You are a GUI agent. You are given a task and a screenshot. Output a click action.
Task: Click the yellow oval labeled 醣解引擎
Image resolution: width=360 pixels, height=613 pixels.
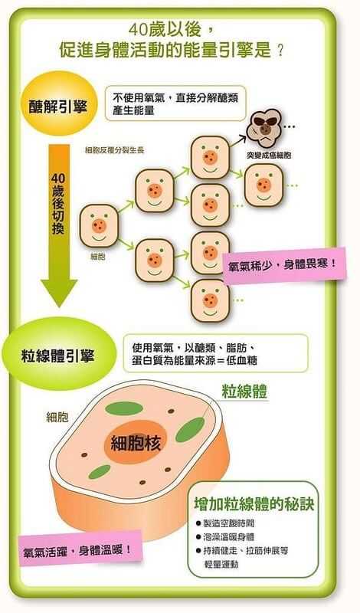point(59,103)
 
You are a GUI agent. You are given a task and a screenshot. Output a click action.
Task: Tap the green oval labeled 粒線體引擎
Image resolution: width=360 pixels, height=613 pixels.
point(59,354)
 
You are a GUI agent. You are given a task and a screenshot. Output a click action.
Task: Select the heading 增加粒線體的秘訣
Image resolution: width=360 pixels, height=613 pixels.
point(254,504)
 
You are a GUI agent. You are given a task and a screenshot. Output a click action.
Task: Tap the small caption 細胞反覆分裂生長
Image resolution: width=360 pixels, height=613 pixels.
point(115,149)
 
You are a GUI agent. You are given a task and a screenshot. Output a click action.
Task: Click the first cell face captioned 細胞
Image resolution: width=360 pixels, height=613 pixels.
point(99,225)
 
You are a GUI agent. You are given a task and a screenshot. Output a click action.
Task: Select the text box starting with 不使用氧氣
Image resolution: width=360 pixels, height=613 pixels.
point(175,103)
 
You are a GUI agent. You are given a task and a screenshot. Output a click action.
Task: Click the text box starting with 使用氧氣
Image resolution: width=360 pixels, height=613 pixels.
point(215,353)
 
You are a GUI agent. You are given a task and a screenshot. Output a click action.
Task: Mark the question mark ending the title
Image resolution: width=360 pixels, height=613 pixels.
point(280,51)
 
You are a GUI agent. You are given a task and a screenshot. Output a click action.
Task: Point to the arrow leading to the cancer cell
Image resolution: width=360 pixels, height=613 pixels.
point(240,140)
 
